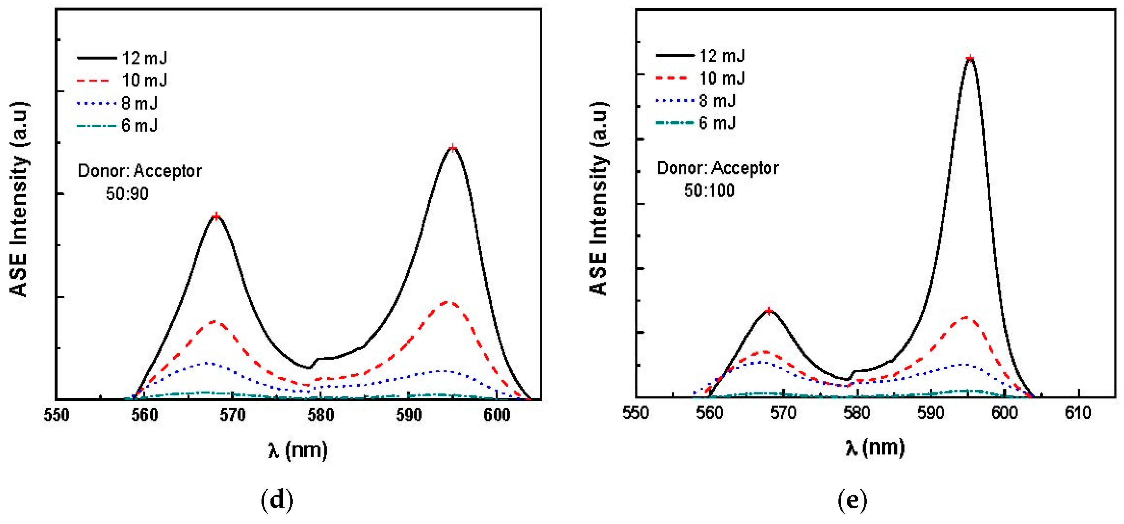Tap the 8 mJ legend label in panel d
[x=140, y=103]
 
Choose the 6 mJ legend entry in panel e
[x=717, y=123]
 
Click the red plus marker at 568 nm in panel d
[x=216, y=217]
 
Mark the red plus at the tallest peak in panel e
[x=970, y=58]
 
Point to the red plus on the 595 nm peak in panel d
[x=453, y=148]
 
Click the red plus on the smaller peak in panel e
[x=769, y=311]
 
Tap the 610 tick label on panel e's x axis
[x=1078, y=412]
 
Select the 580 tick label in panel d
[x=321, y=415]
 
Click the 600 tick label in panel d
[x=497, y=415]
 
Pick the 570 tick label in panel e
[x=783, y=412]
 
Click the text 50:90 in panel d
[x=127, y=193]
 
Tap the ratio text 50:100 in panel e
[x=709, y=190]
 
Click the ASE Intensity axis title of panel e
[x=599, y=199]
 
